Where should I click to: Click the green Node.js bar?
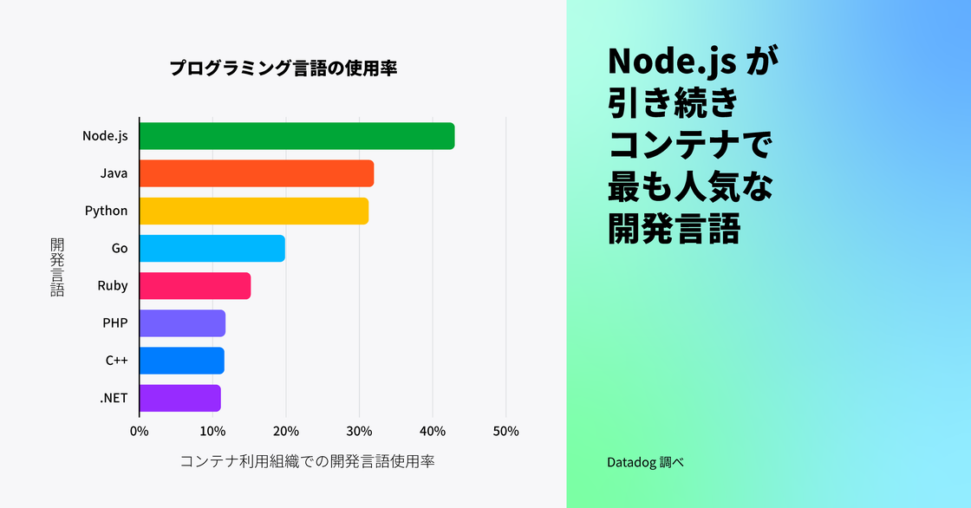tap(297, 136)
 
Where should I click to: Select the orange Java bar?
tap(257, 173)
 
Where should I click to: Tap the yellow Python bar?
tap(254, 211)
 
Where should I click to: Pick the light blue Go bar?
tap(212, 248)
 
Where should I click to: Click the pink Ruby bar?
tap(195, 285)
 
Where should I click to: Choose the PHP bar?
tap(182, 323)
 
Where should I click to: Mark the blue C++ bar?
tap(182, 361)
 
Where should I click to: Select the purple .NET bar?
tap(180, 398)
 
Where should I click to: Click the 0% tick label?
tap(139, 431)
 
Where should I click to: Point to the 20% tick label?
tap(286, 431)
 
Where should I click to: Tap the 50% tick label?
tap(505, 431)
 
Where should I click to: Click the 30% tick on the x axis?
tap(359, 431)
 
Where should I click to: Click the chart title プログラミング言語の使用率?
tap(283, 68)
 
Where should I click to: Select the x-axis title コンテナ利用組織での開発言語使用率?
tap(307, 461)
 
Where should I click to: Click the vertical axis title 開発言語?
tap(57, 267)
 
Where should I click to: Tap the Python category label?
tap(106, 211)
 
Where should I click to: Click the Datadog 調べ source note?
tap(645, 462)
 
